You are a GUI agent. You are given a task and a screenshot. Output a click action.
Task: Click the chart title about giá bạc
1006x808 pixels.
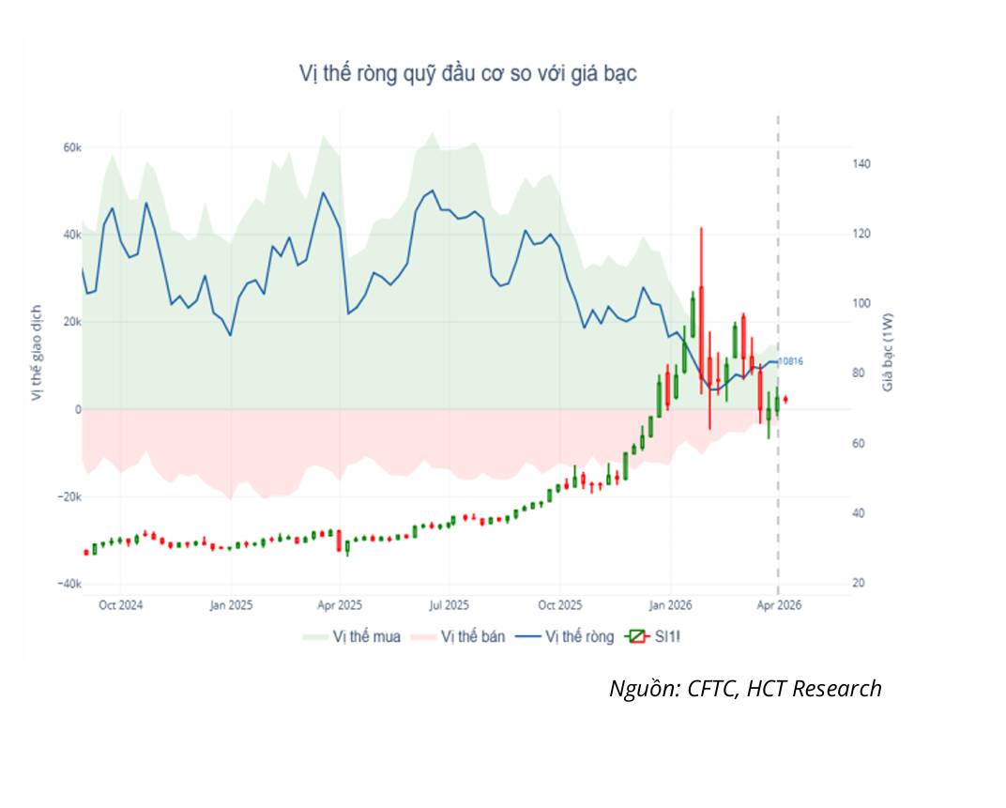point(467,74)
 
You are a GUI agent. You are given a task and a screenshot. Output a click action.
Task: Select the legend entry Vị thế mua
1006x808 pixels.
point(352,636)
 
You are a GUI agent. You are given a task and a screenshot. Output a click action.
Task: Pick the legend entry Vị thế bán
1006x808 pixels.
point(458,636)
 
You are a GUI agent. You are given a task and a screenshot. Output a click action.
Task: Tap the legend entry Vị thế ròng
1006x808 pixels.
point(565,636)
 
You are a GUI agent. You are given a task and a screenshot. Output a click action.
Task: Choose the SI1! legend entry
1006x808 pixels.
point(652,636)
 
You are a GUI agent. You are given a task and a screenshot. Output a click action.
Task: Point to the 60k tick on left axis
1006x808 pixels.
point(72,147)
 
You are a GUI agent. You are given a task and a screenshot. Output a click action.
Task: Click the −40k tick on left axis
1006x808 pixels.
point(69,584)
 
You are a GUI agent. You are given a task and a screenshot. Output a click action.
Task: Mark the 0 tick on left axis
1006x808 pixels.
point(78,409)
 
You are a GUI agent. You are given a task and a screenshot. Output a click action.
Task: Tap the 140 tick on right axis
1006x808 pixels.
point(861,164)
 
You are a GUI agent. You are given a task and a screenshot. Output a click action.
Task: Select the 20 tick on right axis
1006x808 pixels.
point(859,584)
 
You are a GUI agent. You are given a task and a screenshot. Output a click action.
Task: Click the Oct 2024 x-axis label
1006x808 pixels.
point(121,605)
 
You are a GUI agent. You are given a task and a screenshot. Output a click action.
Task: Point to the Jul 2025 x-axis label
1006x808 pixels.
point(450,605)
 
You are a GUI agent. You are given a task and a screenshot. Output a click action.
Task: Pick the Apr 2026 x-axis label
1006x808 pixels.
point(779,605)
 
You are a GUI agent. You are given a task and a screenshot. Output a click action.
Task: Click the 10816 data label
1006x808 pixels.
point(790,361)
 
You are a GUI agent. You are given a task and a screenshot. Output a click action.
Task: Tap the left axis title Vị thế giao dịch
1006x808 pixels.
point(37,353)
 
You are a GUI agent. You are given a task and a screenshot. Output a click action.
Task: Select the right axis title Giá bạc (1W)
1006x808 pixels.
point(888,352)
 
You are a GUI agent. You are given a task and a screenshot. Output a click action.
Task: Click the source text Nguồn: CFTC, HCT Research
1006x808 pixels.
point(745,688)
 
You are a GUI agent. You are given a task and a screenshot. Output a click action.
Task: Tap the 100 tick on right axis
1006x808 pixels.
point(861,303)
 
